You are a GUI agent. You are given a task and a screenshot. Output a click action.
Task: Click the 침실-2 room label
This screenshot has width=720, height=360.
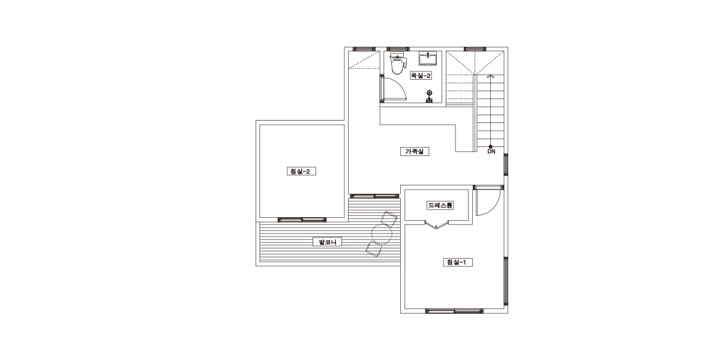(301, 172)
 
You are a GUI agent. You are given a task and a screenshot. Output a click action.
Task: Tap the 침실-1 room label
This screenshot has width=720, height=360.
(458, 262)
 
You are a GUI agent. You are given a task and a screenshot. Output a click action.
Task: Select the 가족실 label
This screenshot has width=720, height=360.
(415, 151)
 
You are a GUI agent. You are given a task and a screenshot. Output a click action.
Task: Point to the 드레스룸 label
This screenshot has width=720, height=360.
(440, 205)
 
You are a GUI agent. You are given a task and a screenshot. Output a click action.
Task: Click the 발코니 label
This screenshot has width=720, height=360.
(327, 242)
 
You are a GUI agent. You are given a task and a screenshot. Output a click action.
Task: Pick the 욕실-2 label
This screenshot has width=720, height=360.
(421, 76)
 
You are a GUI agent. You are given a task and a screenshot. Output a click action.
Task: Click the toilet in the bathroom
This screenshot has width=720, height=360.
(398, 64)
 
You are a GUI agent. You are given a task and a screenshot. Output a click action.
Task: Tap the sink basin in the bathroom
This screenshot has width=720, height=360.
(427, 59)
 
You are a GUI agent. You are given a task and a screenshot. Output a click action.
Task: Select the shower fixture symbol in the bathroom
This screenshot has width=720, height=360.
(429, 97)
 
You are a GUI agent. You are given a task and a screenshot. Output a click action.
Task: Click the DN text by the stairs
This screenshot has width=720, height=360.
(491, 151)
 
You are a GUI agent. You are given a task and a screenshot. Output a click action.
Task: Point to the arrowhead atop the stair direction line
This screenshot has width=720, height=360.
(490, 77)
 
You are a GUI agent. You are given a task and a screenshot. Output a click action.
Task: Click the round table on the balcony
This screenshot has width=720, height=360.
(382, 234)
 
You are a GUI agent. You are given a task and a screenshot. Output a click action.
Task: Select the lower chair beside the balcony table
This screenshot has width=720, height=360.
(373, 250)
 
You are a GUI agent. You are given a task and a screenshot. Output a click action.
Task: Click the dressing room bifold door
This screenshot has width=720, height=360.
(437, 224)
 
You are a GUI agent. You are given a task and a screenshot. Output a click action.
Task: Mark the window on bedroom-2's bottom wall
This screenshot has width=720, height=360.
(302, 220)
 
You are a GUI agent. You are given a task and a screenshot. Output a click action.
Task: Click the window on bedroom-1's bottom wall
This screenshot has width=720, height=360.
(455, 311)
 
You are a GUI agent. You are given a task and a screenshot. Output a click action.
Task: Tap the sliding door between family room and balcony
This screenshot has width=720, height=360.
(374, 196)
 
